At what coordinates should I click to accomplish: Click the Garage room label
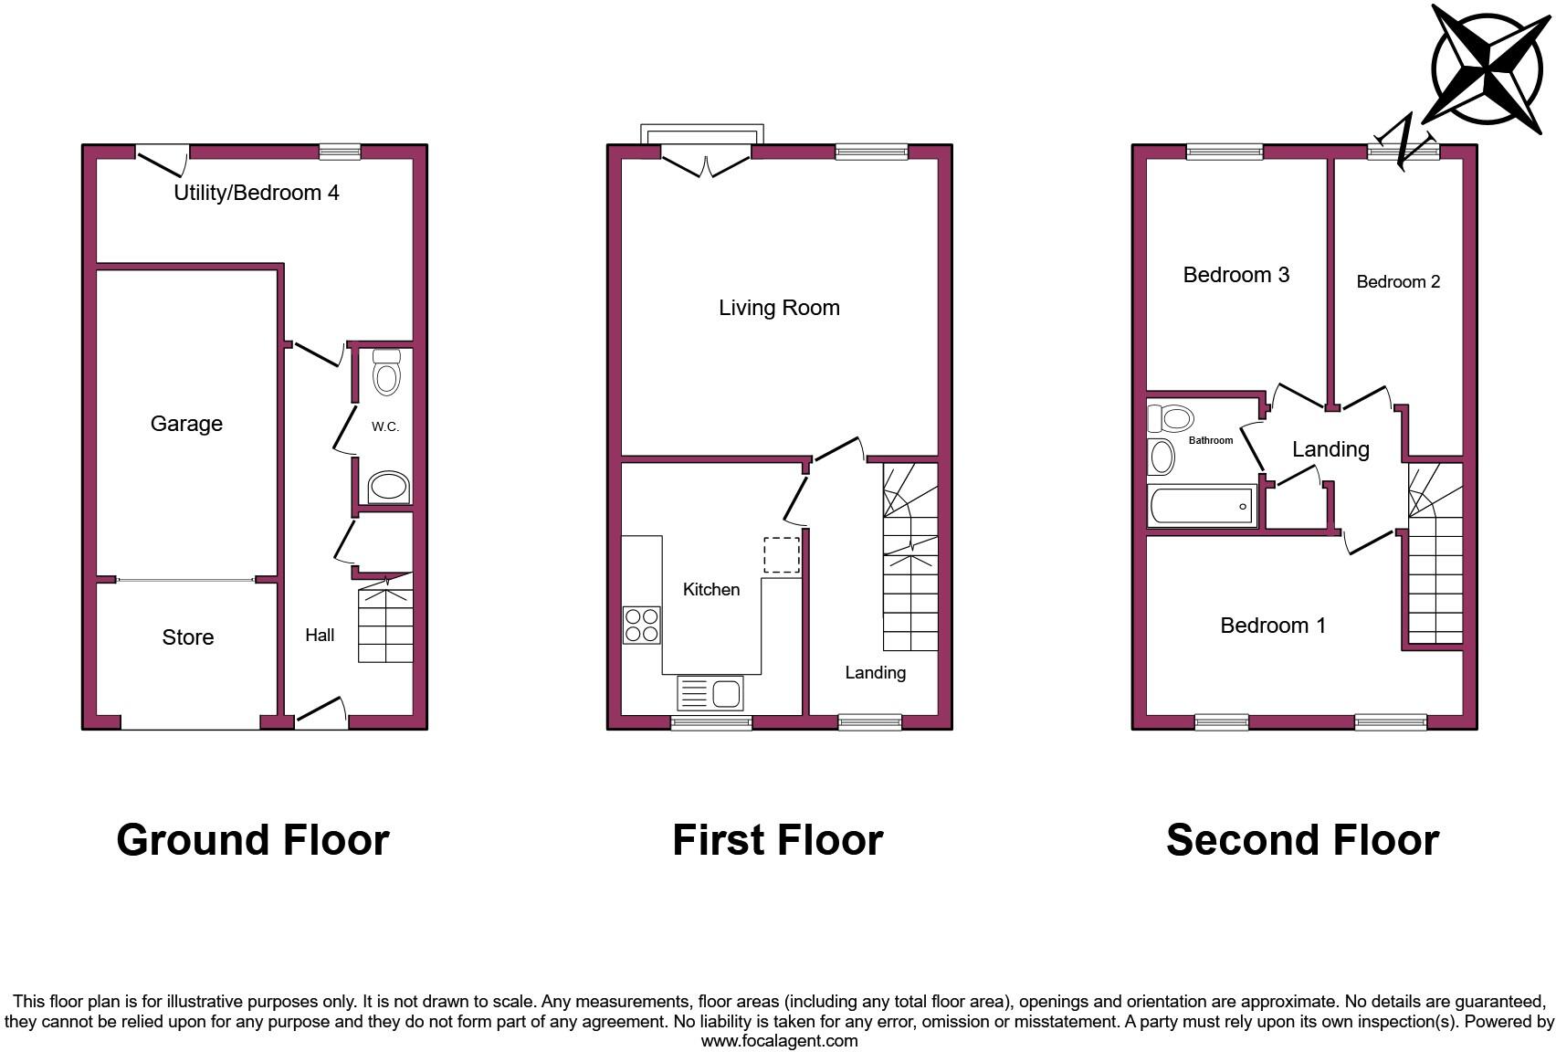click(x=186, y=424)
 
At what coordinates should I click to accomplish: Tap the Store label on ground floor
click(x=188, y=637)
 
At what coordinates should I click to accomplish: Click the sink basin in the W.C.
click(x=388, y=487)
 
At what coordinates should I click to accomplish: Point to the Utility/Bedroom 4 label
click(x=257, y=193)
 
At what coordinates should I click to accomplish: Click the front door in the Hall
click(x=321, y=712)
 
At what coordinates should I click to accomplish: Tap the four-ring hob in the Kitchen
click(x=641, y=625)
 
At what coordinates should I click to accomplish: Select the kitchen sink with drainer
click(x=710, y=693)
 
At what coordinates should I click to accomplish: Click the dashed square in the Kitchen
click(x=781, y=555)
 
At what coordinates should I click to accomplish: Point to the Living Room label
click(x=779, y=308)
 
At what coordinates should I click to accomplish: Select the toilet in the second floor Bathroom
click(x=1172, y=419)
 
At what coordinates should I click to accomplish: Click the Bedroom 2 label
click(x=1398, y=282)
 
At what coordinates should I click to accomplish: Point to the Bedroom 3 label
click(x=1235, y=275)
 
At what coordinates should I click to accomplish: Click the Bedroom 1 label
click(x=1273, y=626)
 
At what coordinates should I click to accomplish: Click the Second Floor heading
click(x=1302, y=840)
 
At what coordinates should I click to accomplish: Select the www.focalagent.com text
click(x=779, y=1041)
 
